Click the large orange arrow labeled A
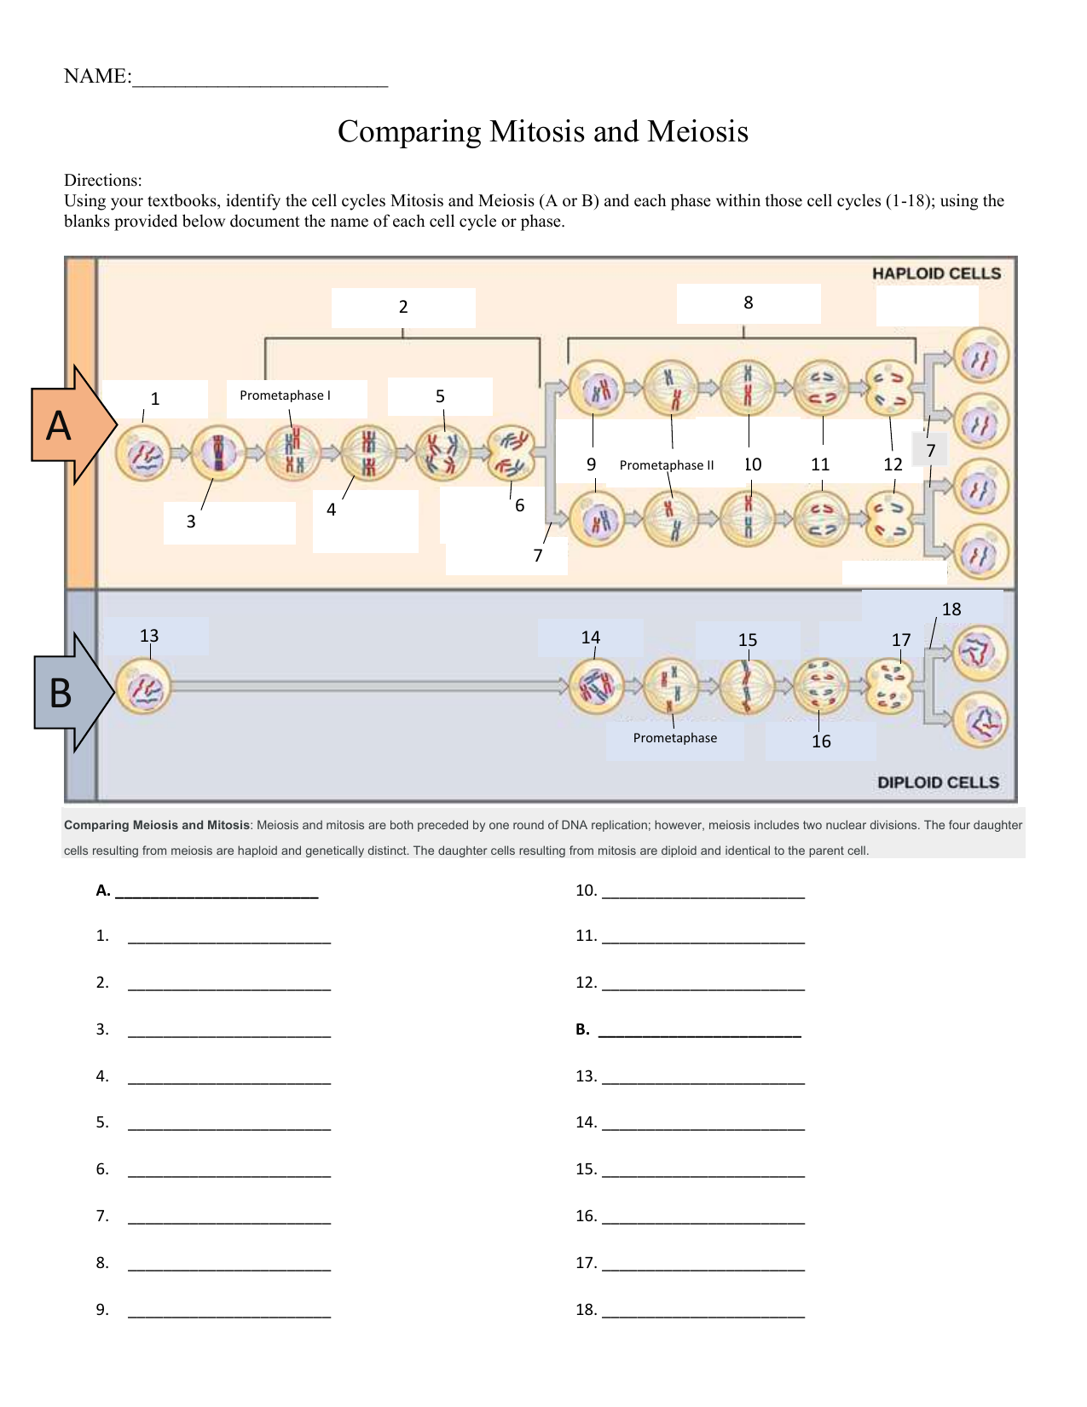pyautogui.click(x=68, y=424)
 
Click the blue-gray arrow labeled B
pyautogui.click(x=68, y=692)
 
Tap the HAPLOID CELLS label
pyautogui.click(x=936, y=274)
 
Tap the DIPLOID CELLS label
pyautogui.click(x=938, y=782)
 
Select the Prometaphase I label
pyautogui.click(x=285, y=395)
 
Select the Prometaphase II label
pyautogui.click(x=667, y=465)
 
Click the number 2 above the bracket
pyautogui.click(x=403, y=307)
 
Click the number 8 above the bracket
pyautogui.click(x=749, y=303)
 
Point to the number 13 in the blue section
pyautogui.click(x=149, y=636)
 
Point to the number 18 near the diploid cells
pyautogui.click(x=951, y=609)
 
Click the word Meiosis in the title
pyautogui.click(x=697, y=132)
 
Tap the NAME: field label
pyautogui.click(x=97, y=77)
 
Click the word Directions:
pyautogui.click(x=102, y=181)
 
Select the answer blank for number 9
pyautogui.click(x=228, y=1311)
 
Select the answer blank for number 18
pyautogui.click(x=703, y=1311)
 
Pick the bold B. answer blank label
pyautogui.click(x=583, y=1029)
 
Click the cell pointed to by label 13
pyautogui.click(x=143, y=687)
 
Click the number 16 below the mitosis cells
pyautogui.click(x=821, y=741)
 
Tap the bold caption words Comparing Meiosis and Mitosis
pyautogui.click(x=157, y=825)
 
